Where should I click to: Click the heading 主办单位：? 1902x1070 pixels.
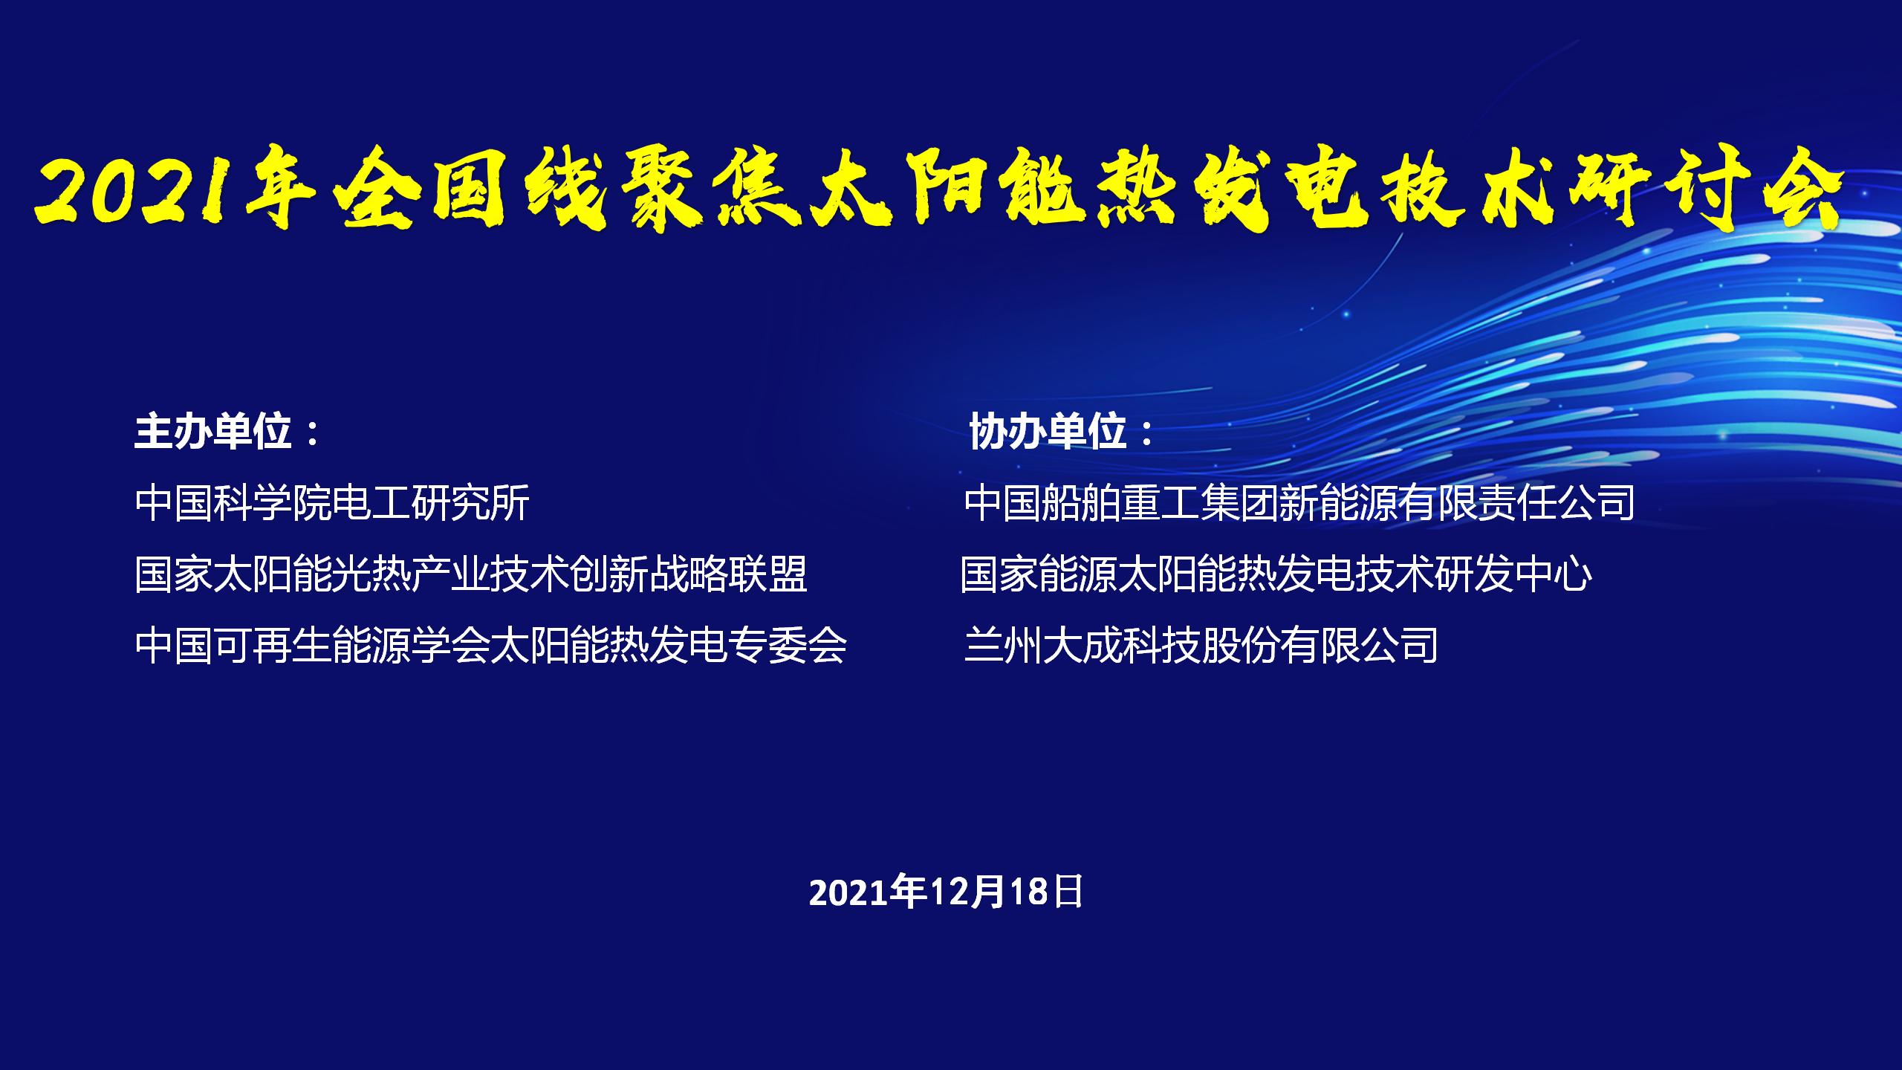227,432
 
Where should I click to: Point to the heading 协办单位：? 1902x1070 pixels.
1062,432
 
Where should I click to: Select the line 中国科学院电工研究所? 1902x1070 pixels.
332,502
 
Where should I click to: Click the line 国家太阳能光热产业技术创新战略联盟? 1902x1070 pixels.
471,574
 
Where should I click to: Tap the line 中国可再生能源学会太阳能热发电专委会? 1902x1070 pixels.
491,645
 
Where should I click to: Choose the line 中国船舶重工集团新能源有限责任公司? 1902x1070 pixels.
1299,502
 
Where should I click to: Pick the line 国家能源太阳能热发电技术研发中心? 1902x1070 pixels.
1276,574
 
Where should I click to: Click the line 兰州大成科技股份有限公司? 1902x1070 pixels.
1201,645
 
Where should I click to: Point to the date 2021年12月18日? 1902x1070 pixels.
946,892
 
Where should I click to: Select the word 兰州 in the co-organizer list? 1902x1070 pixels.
1003,645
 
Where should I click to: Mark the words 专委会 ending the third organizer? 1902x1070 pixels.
788,645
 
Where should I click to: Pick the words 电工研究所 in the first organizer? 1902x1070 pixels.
431,502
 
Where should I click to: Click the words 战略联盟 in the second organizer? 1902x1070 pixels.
729,574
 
